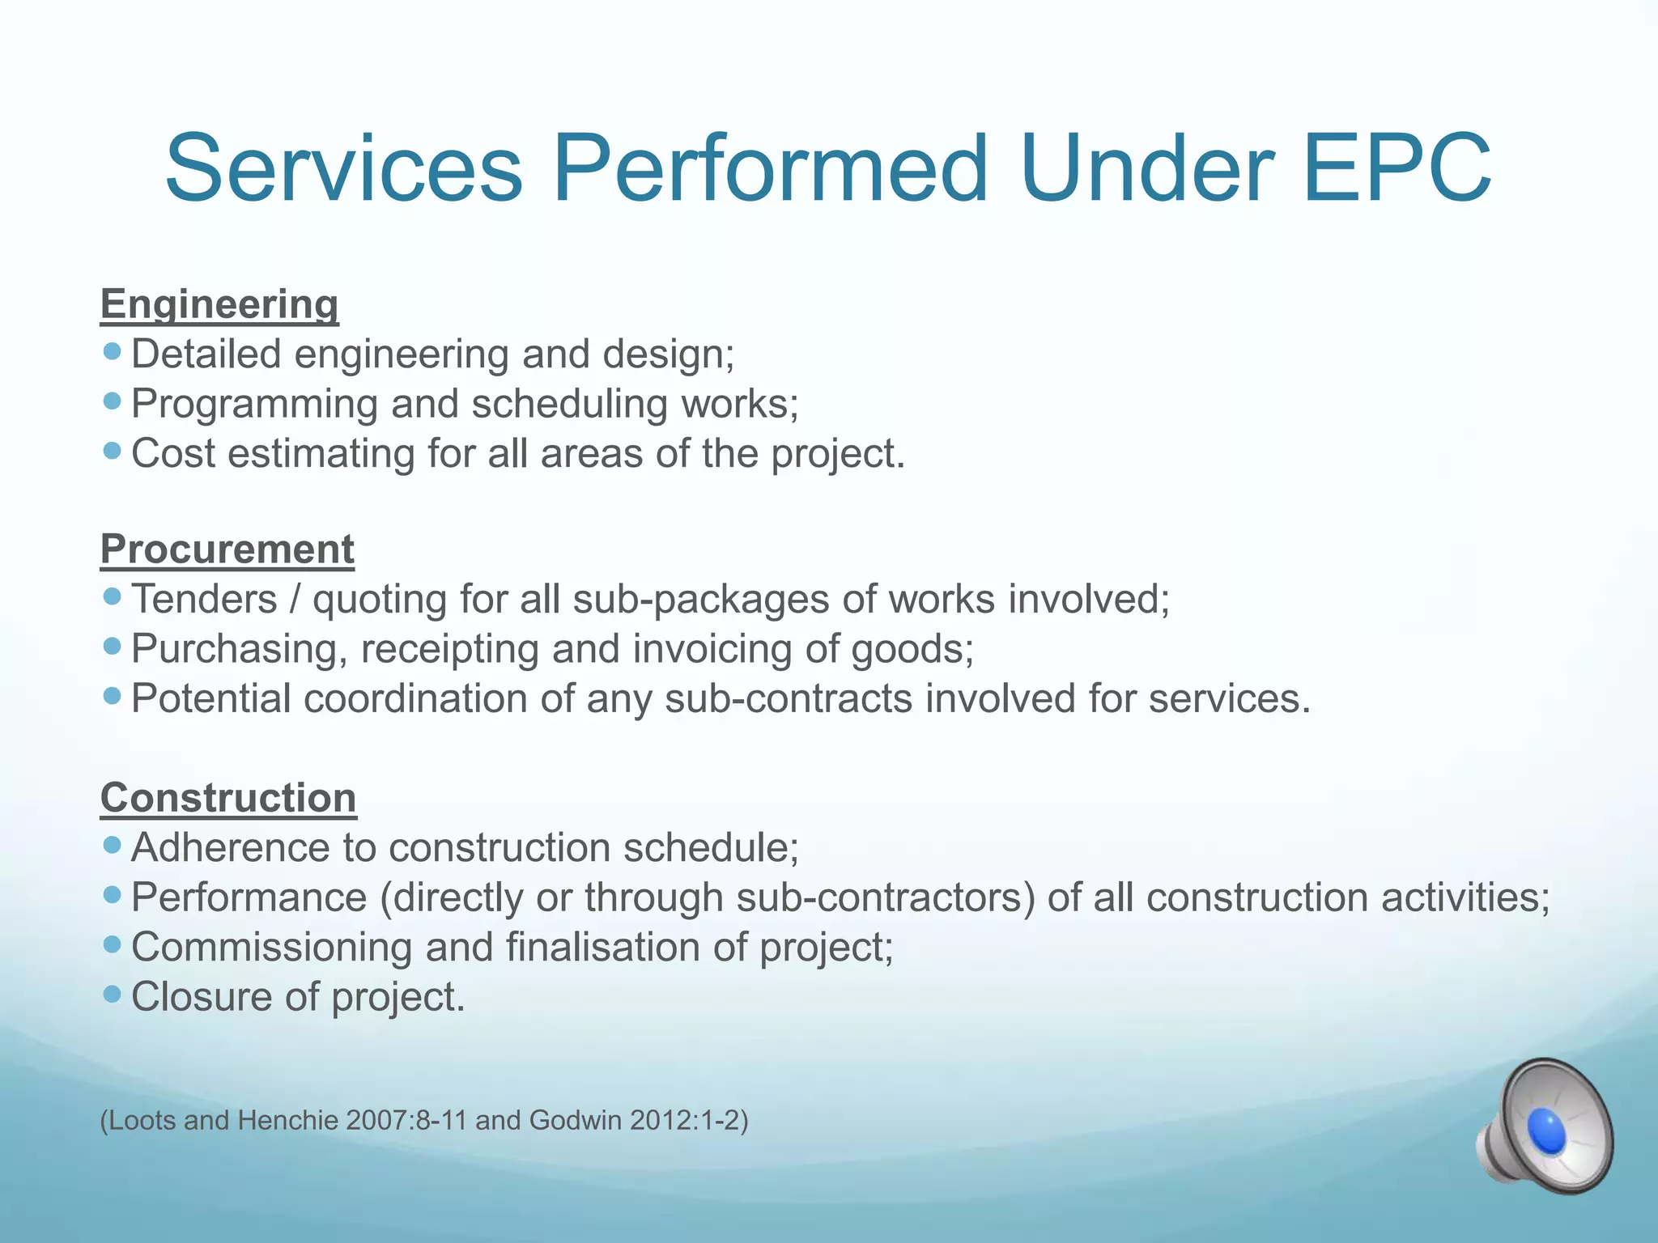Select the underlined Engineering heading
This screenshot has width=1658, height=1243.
click(219, 304)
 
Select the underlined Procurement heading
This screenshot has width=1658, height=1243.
click(227, 549)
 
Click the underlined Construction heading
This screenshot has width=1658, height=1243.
click(228, 798)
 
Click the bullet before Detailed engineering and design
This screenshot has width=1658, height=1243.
click(113, 351)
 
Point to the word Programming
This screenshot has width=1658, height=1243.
click(254, 404)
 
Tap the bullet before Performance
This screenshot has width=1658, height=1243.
click(113, 895)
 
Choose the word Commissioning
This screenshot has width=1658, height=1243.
click(271, 948)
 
